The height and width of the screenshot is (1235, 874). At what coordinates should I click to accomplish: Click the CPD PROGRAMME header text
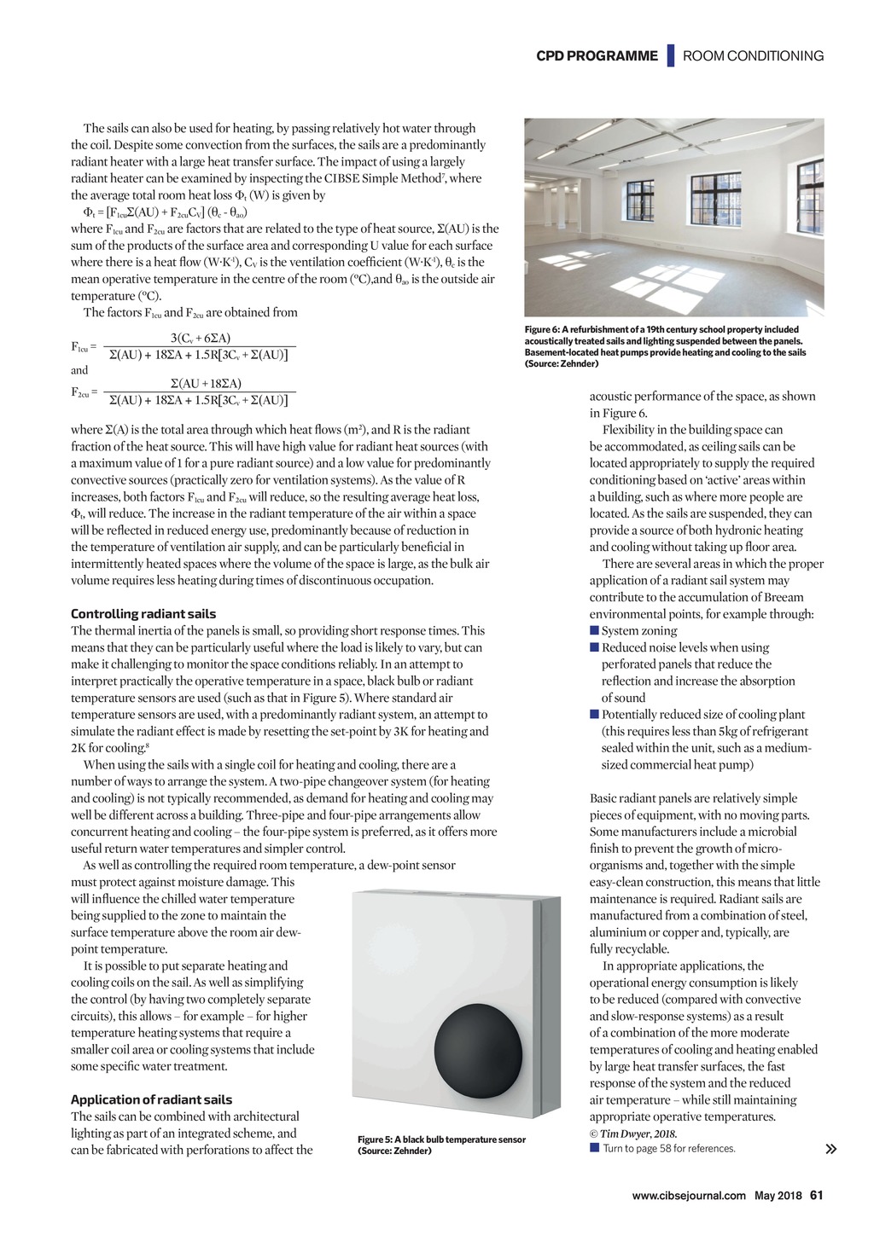[597, 56]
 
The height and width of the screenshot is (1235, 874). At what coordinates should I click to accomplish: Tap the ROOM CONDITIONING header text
[753, 56]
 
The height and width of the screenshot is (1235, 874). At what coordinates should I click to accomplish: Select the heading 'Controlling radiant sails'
[143, 614]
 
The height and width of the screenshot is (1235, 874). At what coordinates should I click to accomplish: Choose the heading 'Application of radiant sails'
[151, 1099]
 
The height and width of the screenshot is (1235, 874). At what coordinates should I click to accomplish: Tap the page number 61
[817, 1195]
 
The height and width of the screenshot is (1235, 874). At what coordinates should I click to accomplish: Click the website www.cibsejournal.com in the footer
[689, 1196]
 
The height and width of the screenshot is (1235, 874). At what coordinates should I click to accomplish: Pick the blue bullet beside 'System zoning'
[594, 631]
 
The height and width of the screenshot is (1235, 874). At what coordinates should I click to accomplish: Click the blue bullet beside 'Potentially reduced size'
[594, 715]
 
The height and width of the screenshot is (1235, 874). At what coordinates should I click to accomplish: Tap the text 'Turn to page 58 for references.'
[668, 1149]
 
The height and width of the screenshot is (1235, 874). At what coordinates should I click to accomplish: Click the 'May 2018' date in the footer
[778, 1196]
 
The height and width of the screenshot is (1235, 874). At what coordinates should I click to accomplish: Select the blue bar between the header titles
[671, 55]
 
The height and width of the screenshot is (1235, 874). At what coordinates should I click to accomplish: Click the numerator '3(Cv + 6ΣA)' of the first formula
[201, 338]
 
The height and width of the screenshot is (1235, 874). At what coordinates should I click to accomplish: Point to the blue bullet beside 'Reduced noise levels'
[594, 648]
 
